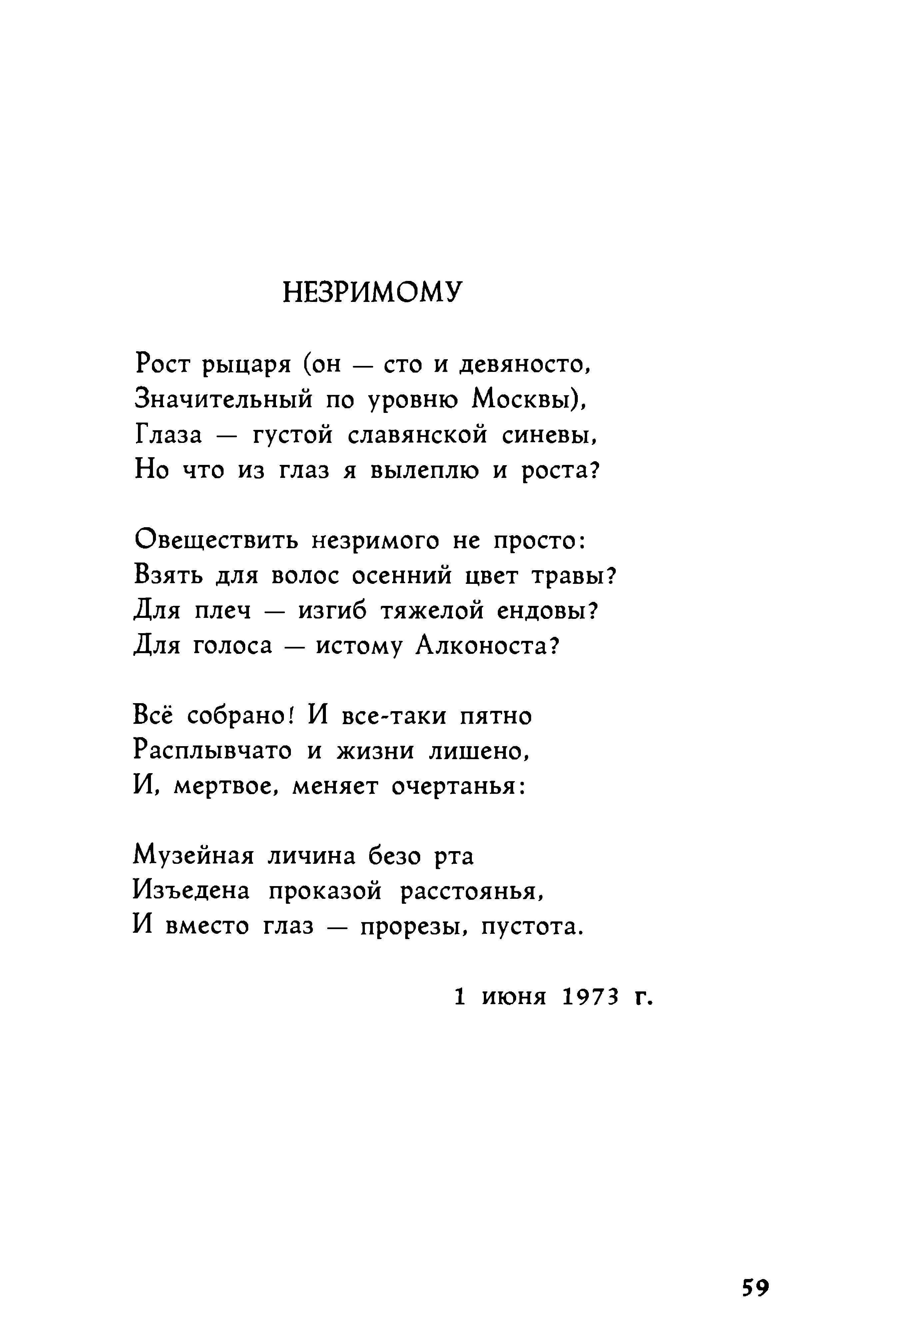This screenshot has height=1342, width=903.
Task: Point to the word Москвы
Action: coord(524,399)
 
